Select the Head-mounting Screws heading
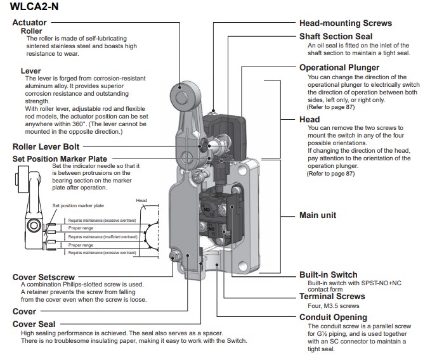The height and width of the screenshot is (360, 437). (x=345, y=23)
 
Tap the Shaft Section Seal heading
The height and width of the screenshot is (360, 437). (x=336, y=37)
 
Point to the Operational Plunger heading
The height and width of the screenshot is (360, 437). (x=339, y=68)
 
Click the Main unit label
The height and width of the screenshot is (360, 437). (x=317, y=215)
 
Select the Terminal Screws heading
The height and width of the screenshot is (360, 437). (x=332, y=296)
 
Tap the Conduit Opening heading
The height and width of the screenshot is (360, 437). (x=332, y=317)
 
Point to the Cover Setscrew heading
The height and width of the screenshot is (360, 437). (x=43, y=278)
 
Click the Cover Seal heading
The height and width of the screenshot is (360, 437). (x=33, y=324)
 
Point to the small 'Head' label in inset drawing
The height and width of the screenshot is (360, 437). (x=141, y=201)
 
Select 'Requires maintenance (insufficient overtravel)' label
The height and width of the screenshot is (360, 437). (x=102, y=236)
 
